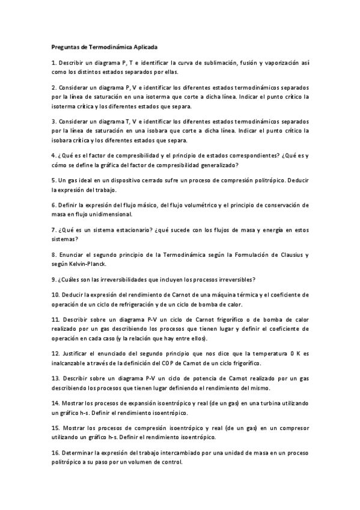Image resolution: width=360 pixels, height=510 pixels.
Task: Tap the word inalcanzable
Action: pyautogui.click(x=70, y=363)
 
